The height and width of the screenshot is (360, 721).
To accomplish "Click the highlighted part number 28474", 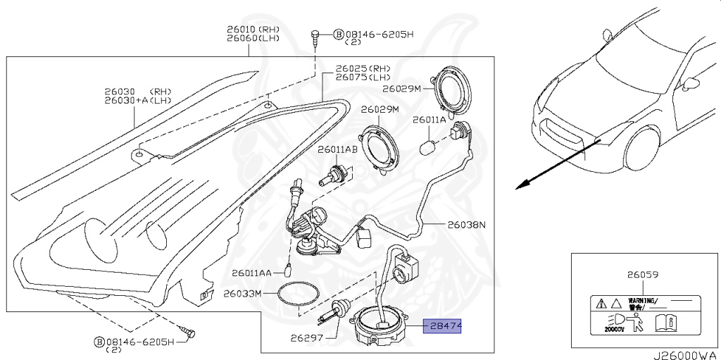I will (x=441, y=326).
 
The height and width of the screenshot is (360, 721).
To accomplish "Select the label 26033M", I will (x=243, y=292).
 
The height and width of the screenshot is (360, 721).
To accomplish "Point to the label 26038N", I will (x=467, y=225).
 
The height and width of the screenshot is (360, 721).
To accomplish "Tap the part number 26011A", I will (x=429, y=120).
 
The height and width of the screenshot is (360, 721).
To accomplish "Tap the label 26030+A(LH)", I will (x=139, y=101).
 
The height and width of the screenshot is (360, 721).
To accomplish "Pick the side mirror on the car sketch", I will (x=691, y=83).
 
